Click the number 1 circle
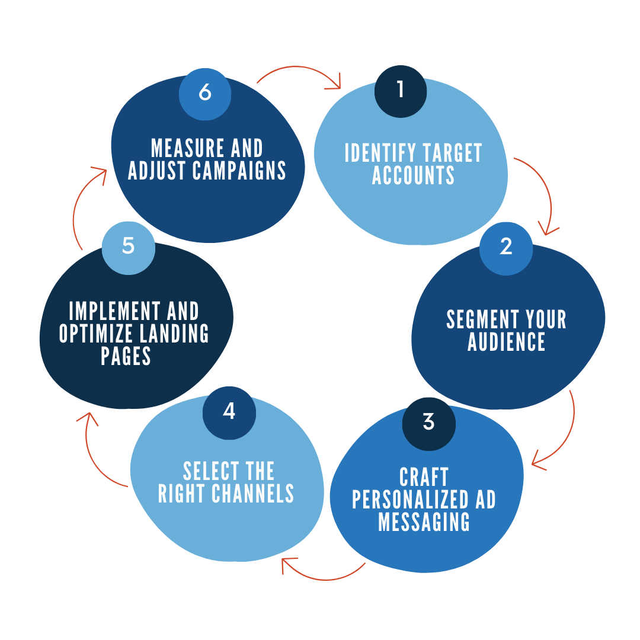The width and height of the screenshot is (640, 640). pyautogui.click(x=401, y=91)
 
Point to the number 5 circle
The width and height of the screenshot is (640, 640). pyautogui.click(x=128, y=247)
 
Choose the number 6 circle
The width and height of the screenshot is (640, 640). pyautogui.click(x=205, y=94)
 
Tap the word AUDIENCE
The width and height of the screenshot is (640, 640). pyautogui.click(x=506, y=342)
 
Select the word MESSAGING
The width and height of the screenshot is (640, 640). pyautogui.click(x=424, y=522)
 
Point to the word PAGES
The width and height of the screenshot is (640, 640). pyautogui.click(x=126, y=357)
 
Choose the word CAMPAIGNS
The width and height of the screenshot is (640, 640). pyautogui.click(x=239, y=171)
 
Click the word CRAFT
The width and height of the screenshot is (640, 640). pyautogui.click(x=424, y=477)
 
